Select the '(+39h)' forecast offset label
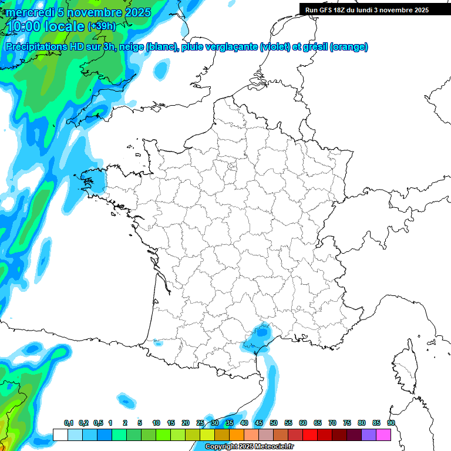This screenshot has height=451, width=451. [102, 26]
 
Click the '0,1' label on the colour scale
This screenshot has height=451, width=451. [69, 423]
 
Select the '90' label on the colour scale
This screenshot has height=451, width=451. [391, 423]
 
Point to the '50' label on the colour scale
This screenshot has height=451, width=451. [274, 423]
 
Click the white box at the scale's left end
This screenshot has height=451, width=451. [60, 435]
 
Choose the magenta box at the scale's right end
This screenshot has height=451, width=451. [384, 435]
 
